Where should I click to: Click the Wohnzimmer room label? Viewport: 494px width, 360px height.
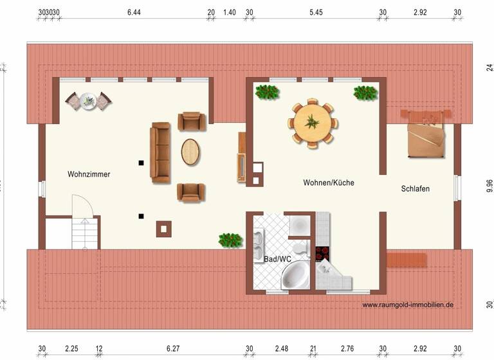pyautogui.click(x=89, y=174)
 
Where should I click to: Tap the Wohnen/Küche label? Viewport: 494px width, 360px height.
pyautogui.click(x=329, y=183)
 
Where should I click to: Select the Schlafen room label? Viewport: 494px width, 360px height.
pyautogui.click(x=415, y=189)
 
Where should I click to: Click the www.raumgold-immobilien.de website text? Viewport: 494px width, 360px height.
pyautogui.click(x=407, y=305)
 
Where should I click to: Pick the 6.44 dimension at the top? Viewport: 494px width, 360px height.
pyautogui.click(x=134, y=12)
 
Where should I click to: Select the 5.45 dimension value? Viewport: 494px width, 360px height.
pyautogui.click(x=315, y=12)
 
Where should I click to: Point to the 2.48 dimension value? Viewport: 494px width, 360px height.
pyautogui.click(x=281, y=349)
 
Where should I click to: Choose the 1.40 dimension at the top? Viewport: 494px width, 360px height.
pyautogui.click(x=229, y=12)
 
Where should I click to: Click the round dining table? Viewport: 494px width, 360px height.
pyautogui.click(x=313, y=123)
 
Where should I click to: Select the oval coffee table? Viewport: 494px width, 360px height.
pyautogui.click(x=191, y=152)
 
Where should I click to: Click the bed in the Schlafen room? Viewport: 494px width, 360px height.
pyautogui.click(x=425, y=133)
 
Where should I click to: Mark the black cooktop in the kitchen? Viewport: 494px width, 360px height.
pyautogui.click(x=322, y=253)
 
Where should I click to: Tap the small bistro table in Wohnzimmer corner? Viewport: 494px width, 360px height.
pyautogui.click(x=88, y=100)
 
